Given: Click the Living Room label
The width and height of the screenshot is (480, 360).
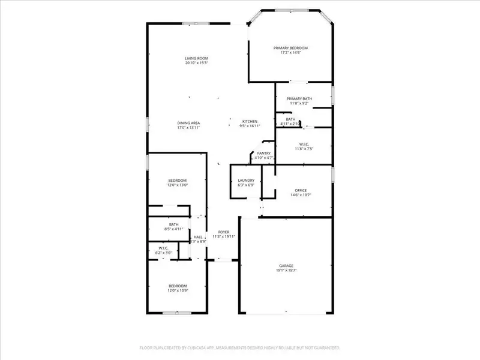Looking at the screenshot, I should (196, 58).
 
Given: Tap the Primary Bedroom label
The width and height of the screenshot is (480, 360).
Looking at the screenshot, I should (290, 48).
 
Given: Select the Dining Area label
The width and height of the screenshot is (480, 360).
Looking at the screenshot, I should (188, 122).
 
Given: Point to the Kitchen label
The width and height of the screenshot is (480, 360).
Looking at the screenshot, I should (250, 122).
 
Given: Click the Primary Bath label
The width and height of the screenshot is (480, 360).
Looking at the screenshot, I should (299, 98).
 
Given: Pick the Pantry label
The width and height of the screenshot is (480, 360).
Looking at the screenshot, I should (264, 153).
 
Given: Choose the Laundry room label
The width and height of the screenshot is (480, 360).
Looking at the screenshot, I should (246, 180).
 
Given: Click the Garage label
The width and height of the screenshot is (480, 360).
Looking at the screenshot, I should (286, 265).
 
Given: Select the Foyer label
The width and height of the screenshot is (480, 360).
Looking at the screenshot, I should (223, 232).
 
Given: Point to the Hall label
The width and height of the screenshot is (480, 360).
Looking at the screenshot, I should (197, 237).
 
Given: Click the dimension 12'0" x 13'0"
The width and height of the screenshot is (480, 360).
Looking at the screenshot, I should (178, 185).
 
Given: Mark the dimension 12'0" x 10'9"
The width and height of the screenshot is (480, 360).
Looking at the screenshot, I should (178, 291).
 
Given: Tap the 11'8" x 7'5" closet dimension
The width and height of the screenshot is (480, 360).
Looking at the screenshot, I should (304, 149).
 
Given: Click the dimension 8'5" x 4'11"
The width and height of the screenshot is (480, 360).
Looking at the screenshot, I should (174, 229).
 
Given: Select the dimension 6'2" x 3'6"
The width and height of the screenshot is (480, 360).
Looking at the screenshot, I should (163, 253).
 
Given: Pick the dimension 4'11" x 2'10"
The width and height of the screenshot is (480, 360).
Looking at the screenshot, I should (291, 124).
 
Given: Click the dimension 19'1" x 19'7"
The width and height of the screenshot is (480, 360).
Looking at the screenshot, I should (286, 270).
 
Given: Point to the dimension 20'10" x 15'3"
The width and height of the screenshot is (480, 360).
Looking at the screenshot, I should (196, 63).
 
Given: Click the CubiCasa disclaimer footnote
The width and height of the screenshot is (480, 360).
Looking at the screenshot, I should (240, 347).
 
